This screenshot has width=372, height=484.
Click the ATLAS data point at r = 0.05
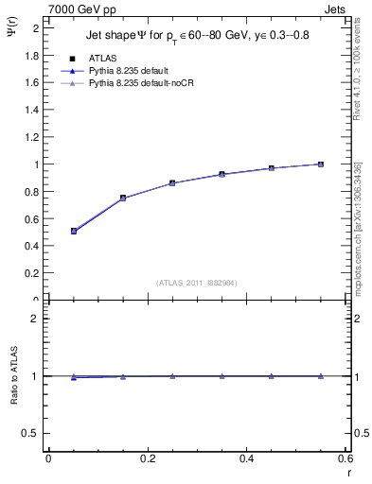point(74,231)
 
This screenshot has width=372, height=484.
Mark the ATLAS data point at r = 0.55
point(321,164)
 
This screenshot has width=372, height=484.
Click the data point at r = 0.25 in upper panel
point(172,182)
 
